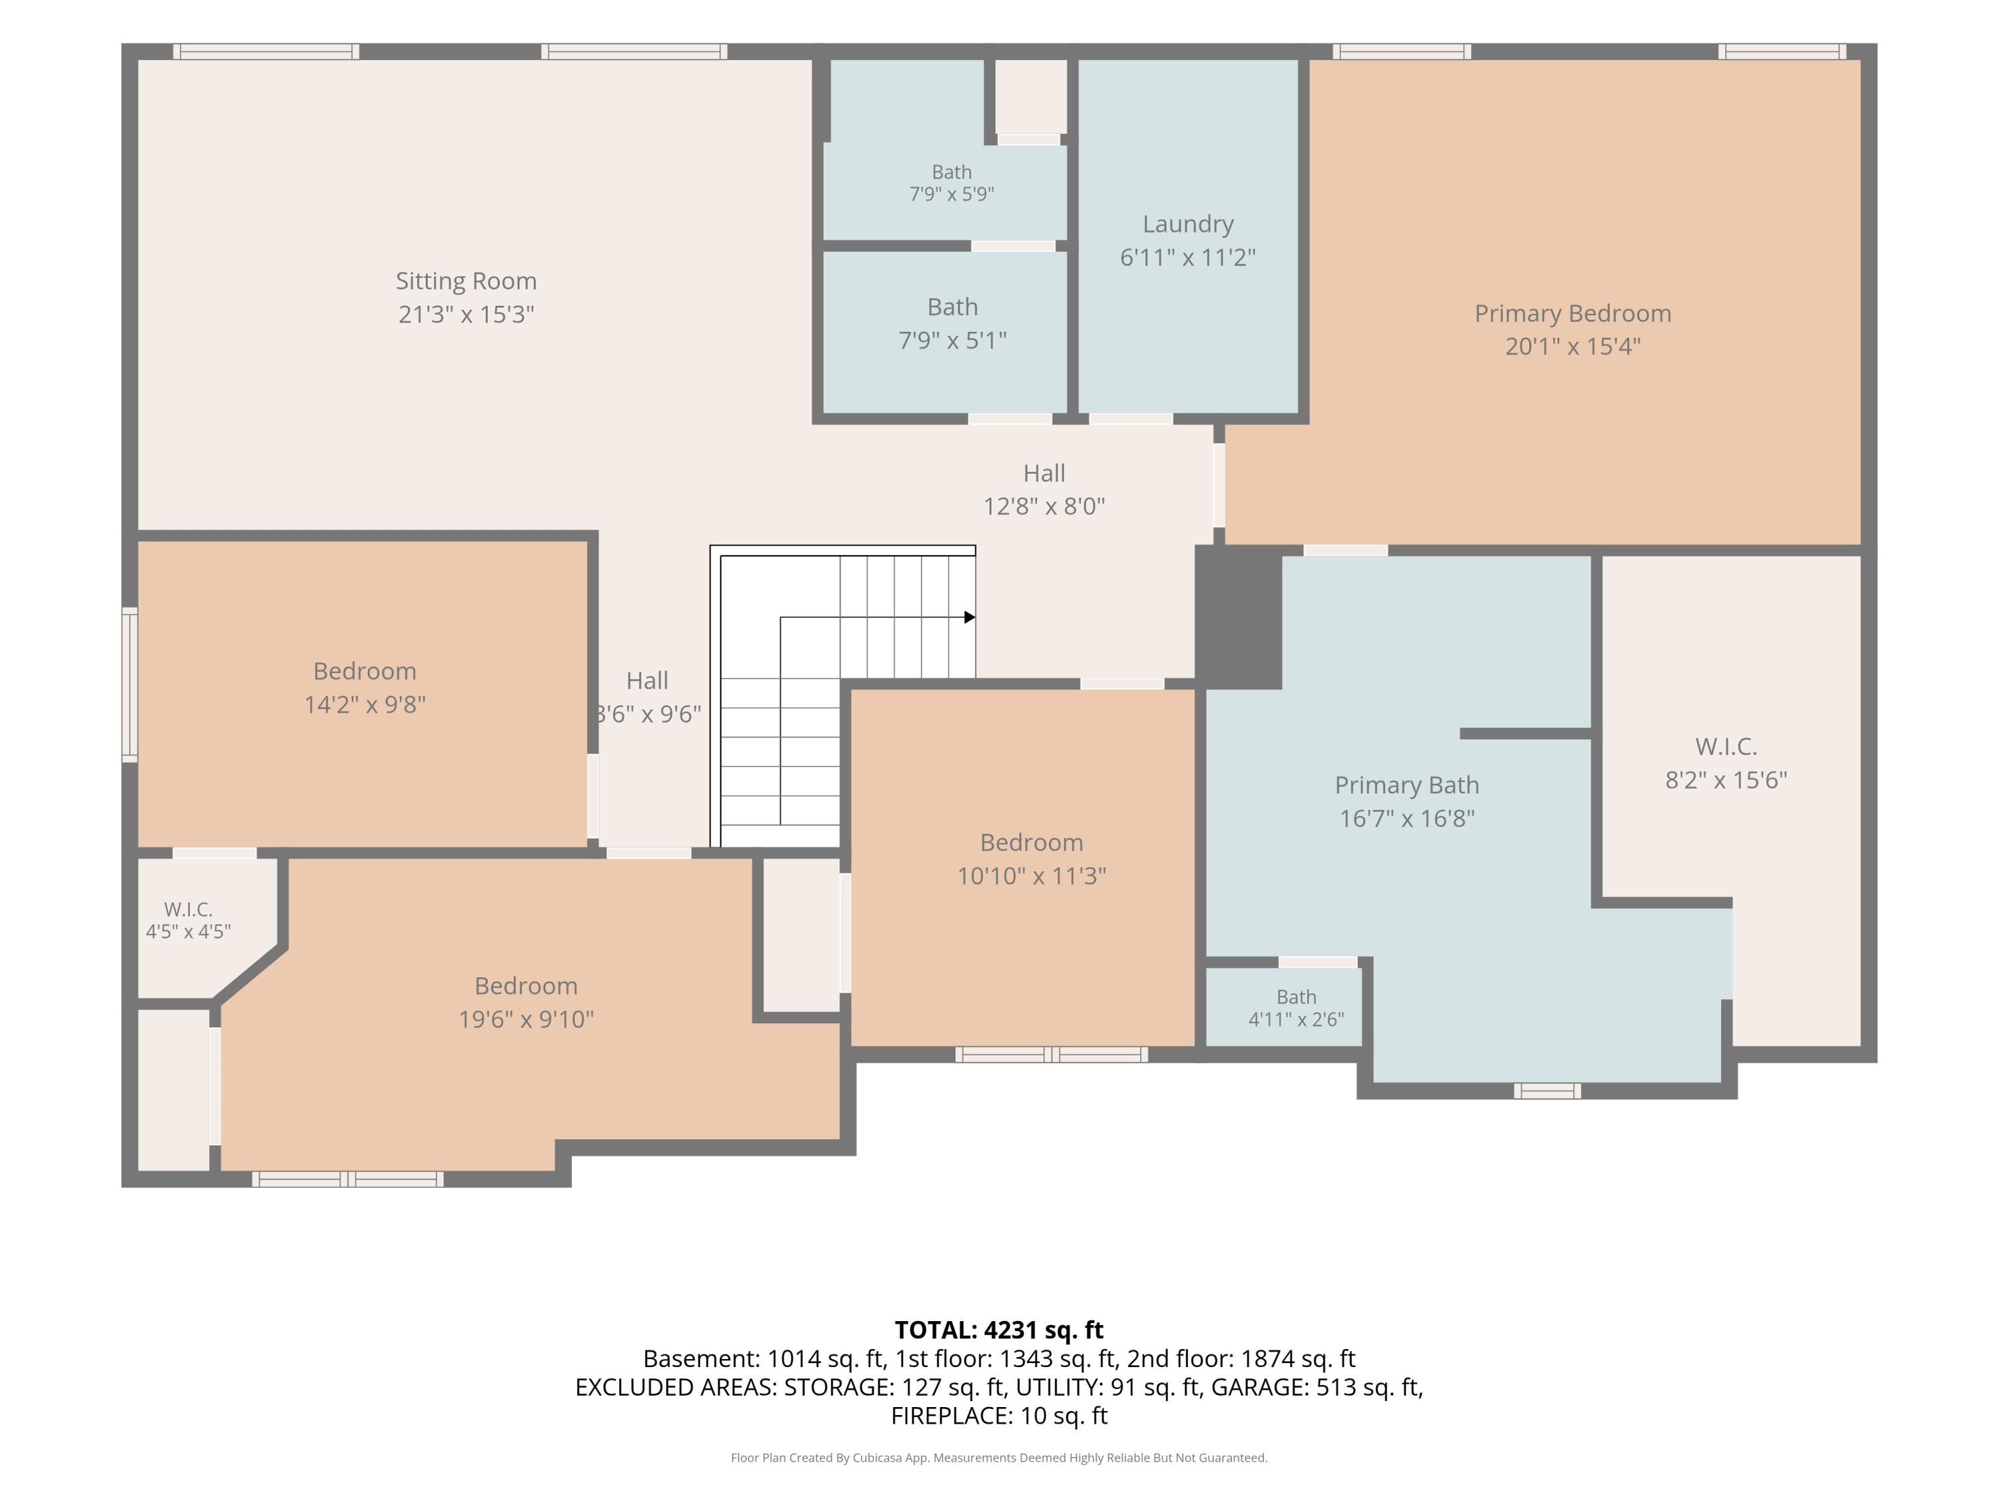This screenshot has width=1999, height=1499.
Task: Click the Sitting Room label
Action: (466, 281)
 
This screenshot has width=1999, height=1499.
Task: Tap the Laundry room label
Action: (1187, 224)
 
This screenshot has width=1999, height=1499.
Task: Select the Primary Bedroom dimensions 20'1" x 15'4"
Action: (1573, 346)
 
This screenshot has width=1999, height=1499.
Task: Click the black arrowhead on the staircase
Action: (970, 617)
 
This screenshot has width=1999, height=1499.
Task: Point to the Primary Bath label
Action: (1407, 785)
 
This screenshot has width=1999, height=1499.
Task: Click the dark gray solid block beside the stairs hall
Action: (1238, 617)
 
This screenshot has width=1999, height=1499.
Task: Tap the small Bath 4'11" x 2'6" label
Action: (1296, 1009)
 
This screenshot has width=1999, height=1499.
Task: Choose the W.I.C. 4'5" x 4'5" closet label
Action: (188, 920)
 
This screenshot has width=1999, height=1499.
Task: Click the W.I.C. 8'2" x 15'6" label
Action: (1726, 763)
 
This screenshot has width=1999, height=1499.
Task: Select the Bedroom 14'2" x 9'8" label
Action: (365, 688)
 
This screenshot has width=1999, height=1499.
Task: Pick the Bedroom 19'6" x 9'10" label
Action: (526, 1002)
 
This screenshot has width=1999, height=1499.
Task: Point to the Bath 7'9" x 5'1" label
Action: (952, 324)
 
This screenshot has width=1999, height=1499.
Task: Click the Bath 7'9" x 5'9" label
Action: (952, 183)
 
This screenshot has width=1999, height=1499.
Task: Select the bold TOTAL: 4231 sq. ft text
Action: (999, 1330)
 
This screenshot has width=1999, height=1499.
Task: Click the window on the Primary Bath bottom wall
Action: (1547, 1091)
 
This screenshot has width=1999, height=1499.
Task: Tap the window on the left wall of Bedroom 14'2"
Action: (130, 684)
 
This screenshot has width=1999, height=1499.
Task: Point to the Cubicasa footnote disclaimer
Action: (999, 1458)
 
